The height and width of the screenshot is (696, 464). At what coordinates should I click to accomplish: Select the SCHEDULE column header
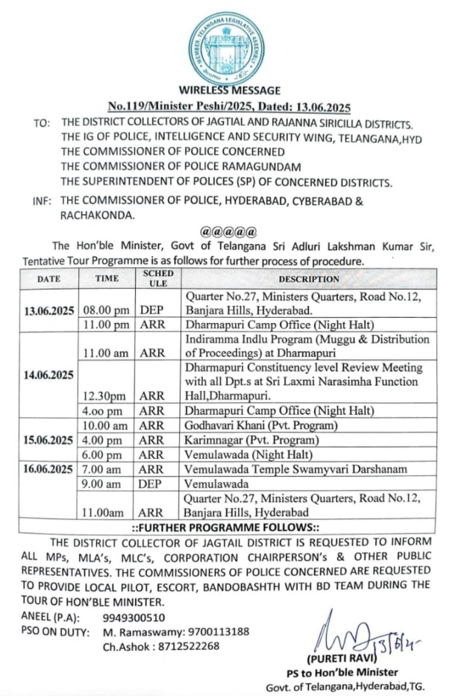click(x=158, y=278)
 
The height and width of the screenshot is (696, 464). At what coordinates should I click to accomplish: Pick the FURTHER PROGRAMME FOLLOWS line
click(x=231, y=527)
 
